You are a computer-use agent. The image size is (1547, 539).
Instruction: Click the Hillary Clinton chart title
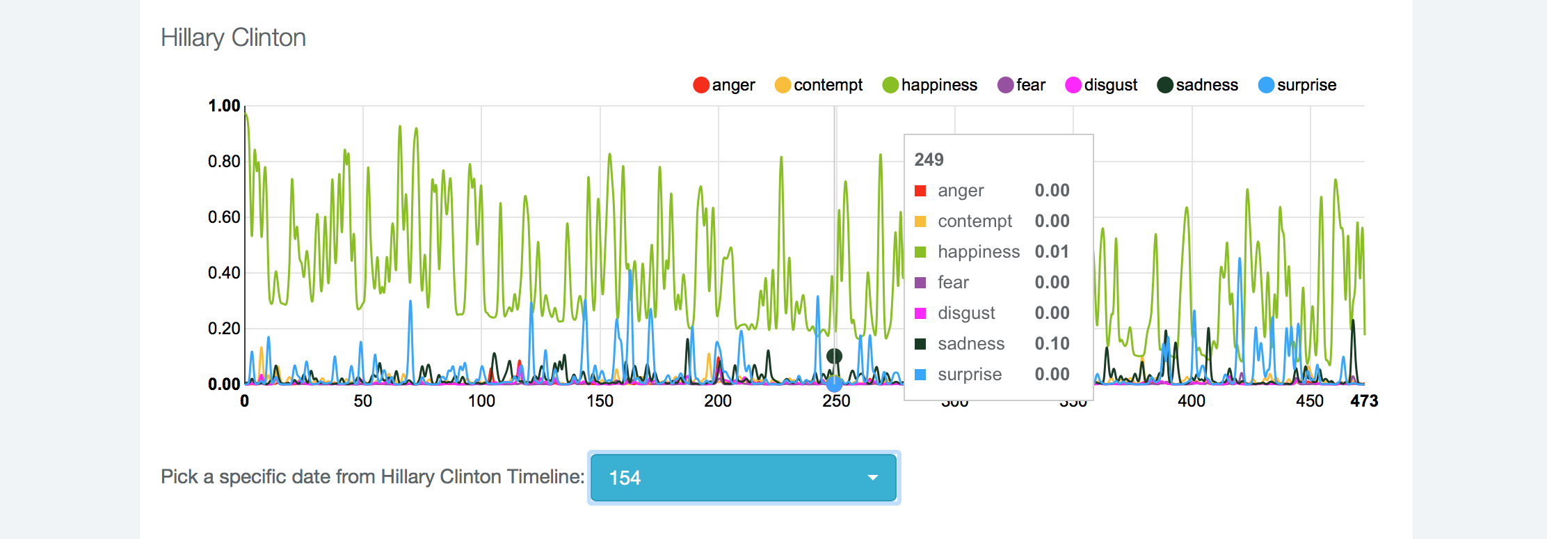click(233, 38)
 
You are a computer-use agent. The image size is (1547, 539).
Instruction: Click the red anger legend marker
click(701, 85)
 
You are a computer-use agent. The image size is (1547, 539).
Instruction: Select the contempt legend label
click(828, 85)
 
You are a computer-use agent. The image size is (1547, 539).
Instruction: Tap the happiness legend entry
click(938, 85)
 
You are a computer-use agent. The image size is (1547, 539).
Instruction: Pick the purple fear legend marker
click(1005, 85)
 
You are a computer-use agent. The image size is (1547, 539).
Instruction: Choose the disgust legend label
click(1110, 85)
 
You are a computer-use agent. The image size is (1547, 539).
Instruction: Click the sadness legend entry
click(1206, 85)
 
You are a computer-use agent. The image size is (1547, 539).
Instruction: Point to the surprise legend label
click(1306, 85)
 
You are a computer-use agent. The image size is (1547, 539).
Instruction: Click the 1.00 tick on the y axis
click(224, 106)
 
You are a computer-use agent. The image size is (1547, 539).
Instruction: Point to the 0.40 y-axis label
click(224, 273)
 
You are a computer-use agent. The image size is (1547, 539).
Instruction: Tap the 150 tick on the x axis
click(600, 401)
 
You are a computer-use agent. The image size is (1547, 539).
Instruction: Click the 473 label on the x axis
click(1364, 401)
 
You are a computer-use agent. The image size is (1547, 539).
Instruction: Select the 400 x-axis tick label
click(1192, 401)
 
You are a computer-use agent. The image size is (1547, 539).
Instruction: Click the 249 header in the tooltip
click(929, 159)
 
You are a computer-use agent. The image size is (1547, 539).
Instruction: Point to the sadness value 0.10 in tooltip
click(1052, 343)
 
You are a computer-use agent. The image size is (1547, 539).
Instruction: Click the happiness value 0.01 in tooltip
click(1052, 251)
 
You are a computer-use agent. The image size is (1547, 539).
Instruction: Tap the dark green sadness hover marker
click(834, 357)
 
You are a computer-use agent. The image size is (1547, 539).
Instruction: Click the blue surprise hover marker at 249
click(835, 383)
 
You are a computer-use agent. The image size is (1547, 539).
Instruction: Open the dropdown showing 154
click(743, 478)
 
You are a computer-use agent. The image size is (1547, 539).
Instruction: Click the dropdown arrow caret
click(872, 478)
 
